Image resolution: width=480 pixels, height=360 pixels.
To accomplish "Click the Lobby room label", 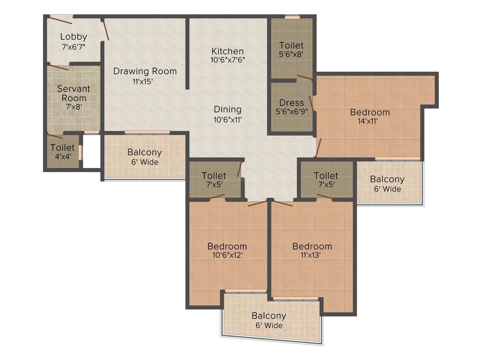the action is point(74,37).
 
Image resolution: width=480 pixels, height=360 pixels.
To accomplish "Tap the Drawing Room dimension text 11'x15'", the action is point(143,82).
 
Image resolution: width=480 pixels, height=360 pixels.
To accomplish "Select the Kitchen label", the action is point(228,51).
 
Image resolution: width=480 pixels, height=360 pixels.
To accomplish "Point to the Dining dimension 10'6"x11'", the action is point(228,120).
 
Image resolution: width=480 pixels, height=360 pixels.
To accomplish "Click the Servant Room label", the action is point(74,94).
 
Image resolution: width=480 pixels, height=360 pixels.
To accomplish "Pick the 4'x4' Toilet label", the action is point(63,156).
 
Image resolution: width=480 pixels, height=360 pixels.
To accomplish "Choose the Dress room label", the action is point(291,103).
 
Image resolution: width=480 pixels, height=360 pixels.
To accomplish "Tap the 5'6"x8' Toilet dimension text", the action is point(291,54).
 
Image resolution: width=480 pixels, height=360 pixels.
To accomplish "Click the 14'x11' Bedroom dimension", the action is point(367,121).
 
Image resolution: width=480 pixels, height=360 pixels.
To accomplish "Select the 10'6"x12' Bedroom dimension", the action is point(228,255).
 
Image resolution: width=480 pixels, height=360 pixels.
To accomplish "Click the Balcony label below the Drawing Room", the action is point(144,152).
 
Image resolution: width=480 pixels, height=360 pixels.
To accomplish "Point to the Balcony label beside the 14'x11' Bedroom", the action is point(387,179).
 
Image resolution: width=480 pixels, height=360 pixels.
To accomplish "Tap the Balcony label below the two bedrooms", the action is point(269,316).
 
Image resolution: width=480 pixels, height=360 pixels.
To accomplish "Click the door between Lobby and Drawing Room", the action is point(105,30).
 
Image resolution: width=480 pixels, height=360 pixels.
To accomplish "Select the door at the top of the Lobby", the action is point(61,20).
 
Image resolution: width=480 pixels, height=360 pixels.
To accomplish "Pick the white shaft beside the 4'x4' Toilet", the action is point(91,151).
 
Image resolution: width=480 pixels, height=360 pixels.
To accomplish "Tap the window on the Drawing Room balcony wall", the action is point(147,132).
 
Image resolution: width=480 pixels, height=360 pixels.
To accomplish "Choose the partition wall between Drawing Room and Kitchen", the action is point(187,53).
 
